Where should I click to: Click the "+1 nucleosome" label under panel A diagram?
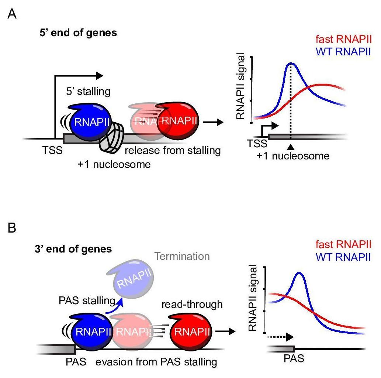point(114,164)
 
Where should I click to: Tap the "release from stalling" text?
point(172,150)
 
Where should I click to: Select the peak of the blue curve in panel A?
point(291,63)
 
